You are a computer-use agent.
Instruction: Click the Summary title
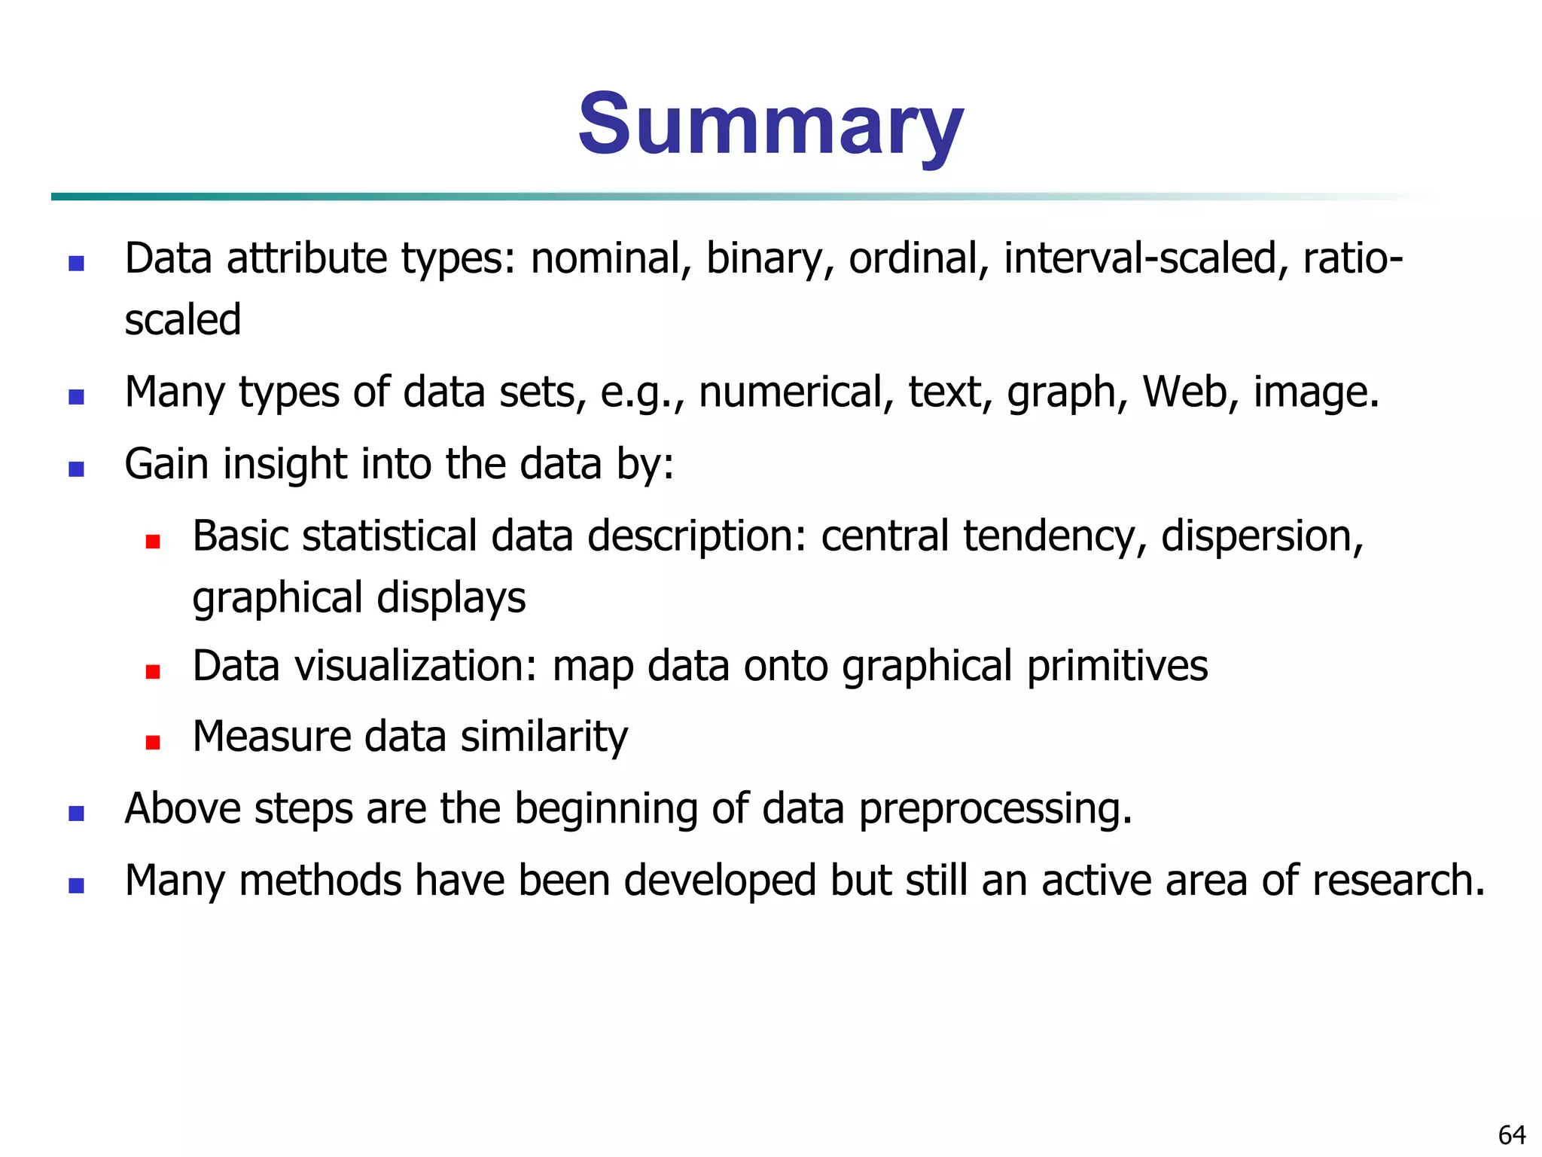[x=770, y=124]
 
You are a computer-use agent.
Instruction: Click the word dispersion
[x=1262, y=536]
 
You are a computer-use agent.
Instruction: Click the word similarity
[x=544, y=737]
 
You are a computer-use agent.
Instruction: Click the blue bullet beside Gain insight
[x=76, y=469]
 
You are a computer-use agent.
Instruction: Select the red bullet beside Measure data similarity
[x=153, y=743]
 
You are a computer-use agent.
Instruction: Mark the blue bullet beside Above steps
[x=76, y=814]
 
